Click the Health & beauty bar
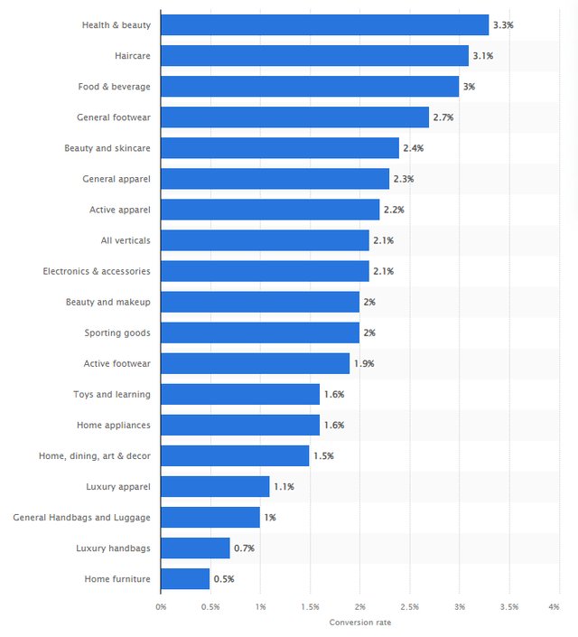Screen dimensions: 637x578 (324, 25)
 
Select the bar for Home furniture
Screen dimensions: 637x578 (185, 578)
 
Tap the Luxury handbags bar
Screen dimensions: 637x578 (195, 548)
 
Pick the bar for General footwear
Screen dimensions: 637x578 (294, 117)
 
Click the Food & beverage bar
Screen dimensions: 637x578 (310, 87)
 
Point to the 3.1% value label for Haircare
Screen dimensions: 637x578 (482, 56)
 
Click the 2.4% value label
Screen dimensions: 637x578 (413, 148)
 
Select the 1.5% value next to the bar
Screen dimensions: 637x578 (323, 455)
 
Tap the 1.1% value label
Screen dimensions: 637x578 (284, 486)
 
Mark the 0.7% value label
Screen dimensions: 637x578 (244, 548)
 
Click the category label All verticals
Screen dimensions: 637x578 (126, 240)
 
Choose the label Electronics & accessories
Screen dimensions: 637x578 (97, 271)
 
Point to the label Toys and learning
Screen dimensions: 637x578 (112, 394)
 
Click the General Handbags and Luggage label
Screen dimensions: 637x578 (82, 517)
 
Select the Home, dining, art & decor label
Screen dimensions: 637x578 (95, 455)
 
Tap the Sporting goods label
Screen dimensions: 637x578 (117, 333)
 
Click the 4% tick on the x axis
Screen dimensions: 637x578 (554, 606)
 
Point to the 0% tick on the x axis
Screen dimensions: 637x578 (161, 606)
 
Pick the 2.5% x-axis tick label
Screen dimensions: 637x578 (409, 606)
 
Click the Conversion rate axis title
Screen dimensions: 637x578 (359, 622)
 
